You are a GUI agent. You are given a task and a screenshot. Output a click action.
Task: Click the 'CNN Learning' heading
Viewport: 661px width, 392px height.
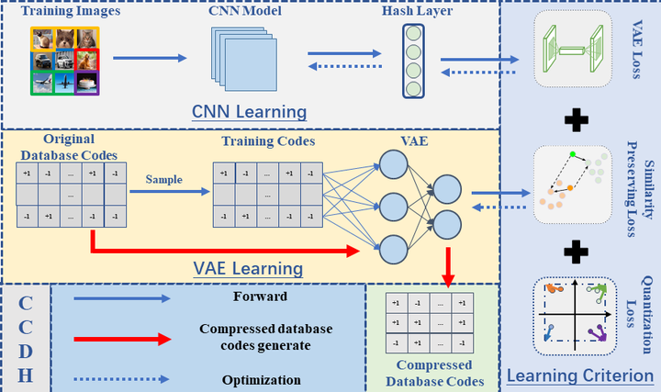(x=249, y=112)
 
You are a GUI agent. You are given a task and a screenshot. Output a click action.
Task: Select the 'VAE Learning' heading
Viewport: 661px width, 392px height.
(x=247, y=269)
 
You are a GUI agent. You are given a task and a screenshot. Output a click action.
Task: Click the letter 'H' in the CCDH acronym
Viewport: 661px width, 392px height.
(x=26, y=373)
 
